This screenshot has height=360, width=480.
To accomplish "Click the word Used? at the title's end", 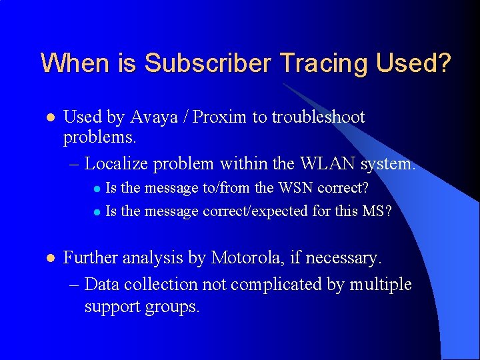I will tap(413, 63).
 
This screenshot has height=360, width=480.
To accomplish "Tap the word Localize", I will tap(118, 163).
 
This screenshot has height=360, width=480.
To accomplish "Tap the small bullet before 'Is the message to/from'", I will tap(96, 189).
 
